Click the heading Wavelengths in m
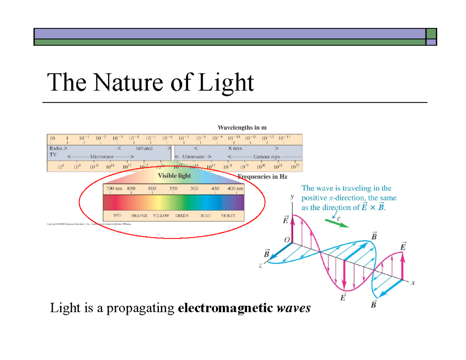point(242,127)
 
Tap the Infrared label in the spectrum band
point(144,148)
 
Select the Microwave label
point(101,157)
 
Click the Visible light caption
point(174,176)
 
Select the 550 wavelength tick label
point(173,188)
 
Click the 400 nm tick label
point(235,188)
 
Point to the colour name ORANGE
point(139,215)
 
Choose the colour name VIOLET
point(228,215)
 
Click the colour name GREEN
point(182,215)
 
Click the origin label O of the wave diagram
point(287,241)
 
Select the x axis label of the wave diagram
point(413,283)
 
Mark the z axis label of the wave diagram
point(261,266)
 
